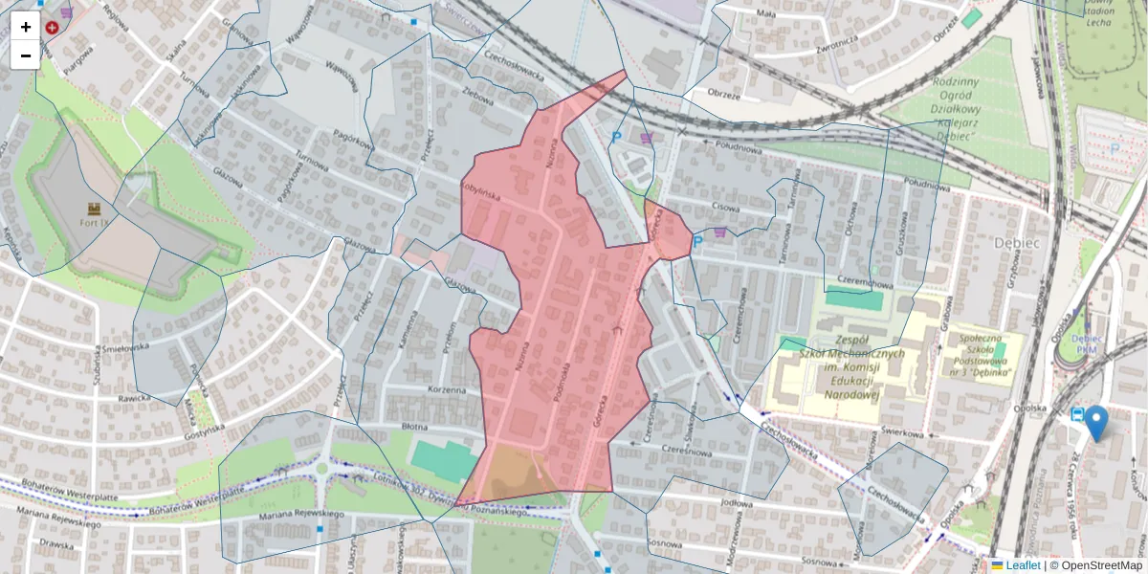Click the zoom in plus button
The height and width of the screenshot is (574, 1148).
pos(26,27)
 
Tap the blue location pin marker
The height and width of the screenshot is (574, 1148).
pos(1095,422)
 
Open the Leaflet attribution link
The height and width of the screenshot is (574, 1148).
pos(1022,565)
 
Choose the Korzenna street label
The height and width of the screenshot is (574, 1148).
pos(447,390)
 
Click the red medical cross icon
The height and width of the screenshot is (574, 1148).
pos(52,28)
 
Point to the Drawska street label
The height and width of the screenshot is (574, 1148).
pos(56,545)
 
